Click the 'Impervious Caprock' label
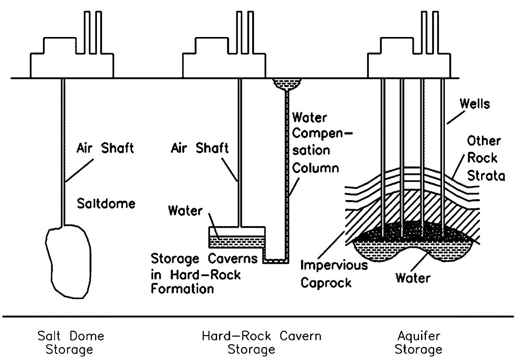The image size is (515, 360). click(x=334, y=274)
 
